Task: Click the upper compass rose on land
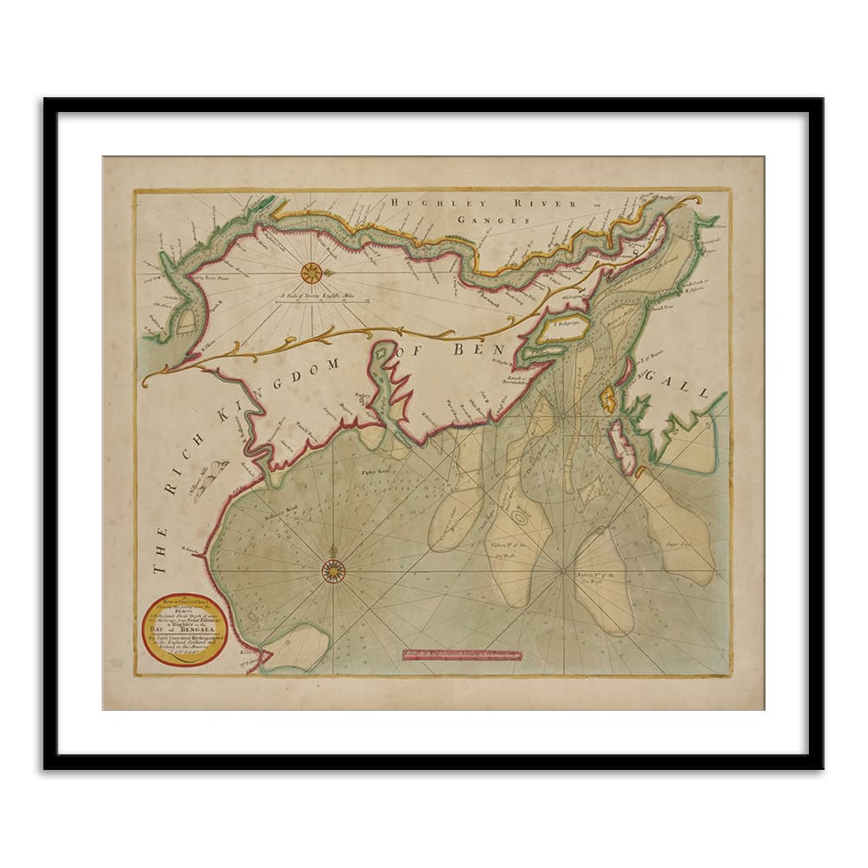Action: pyautogui.click(x=311, y=273)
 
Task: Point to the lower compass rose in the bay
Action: pyautogui.click(x=333, y=570)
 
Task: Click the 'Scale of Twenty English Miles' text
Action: pyautogui.click(x=332, y=295)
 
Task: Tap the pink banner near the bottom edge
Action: pyautogui.click(x=462, y=654)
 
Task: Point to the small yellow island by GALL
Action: pyautogui.click(x=608, y=399)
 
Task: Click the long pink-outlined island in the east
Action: pyautogui.click(x=621, y=445)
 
